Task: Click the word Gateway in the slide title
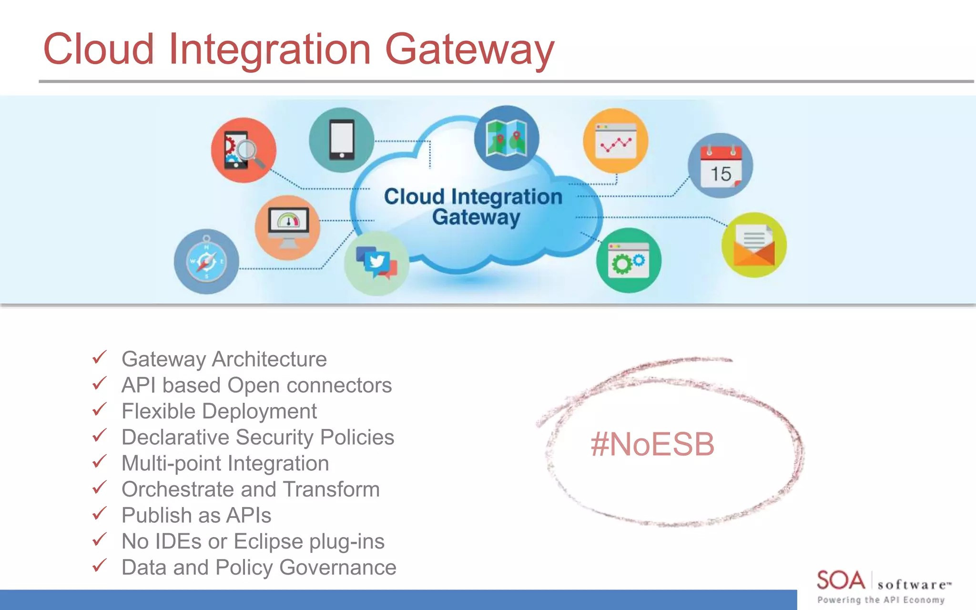(x=469, y=50)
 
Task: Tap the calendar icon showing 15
(x=720, y=166)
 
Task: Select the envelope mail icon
(x=754, y=245)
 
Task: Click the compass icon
(x=206, y=262)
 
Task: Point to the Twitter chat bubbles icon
(x=376, y=263)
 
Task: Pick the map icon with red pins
(x=507, y=138)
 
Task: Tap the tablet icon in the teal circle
(x=342, y=140)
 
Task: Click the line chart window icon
(x=616, y=141)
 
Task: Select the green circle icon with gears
(x=629, y=260)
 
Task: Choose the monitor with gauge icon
(x=288, y=227)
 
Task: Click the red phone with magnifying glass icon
(x=244, y=150)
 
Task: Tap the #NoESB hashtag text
(x=652, y=444)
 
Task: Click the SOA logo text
(x=841, y=580)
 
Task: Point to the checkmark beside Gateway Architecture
(x=99, y=357)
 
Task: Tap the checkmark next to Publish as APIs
(x=99, y=514)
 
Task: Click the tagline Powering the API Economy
(x=881, y=600)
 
